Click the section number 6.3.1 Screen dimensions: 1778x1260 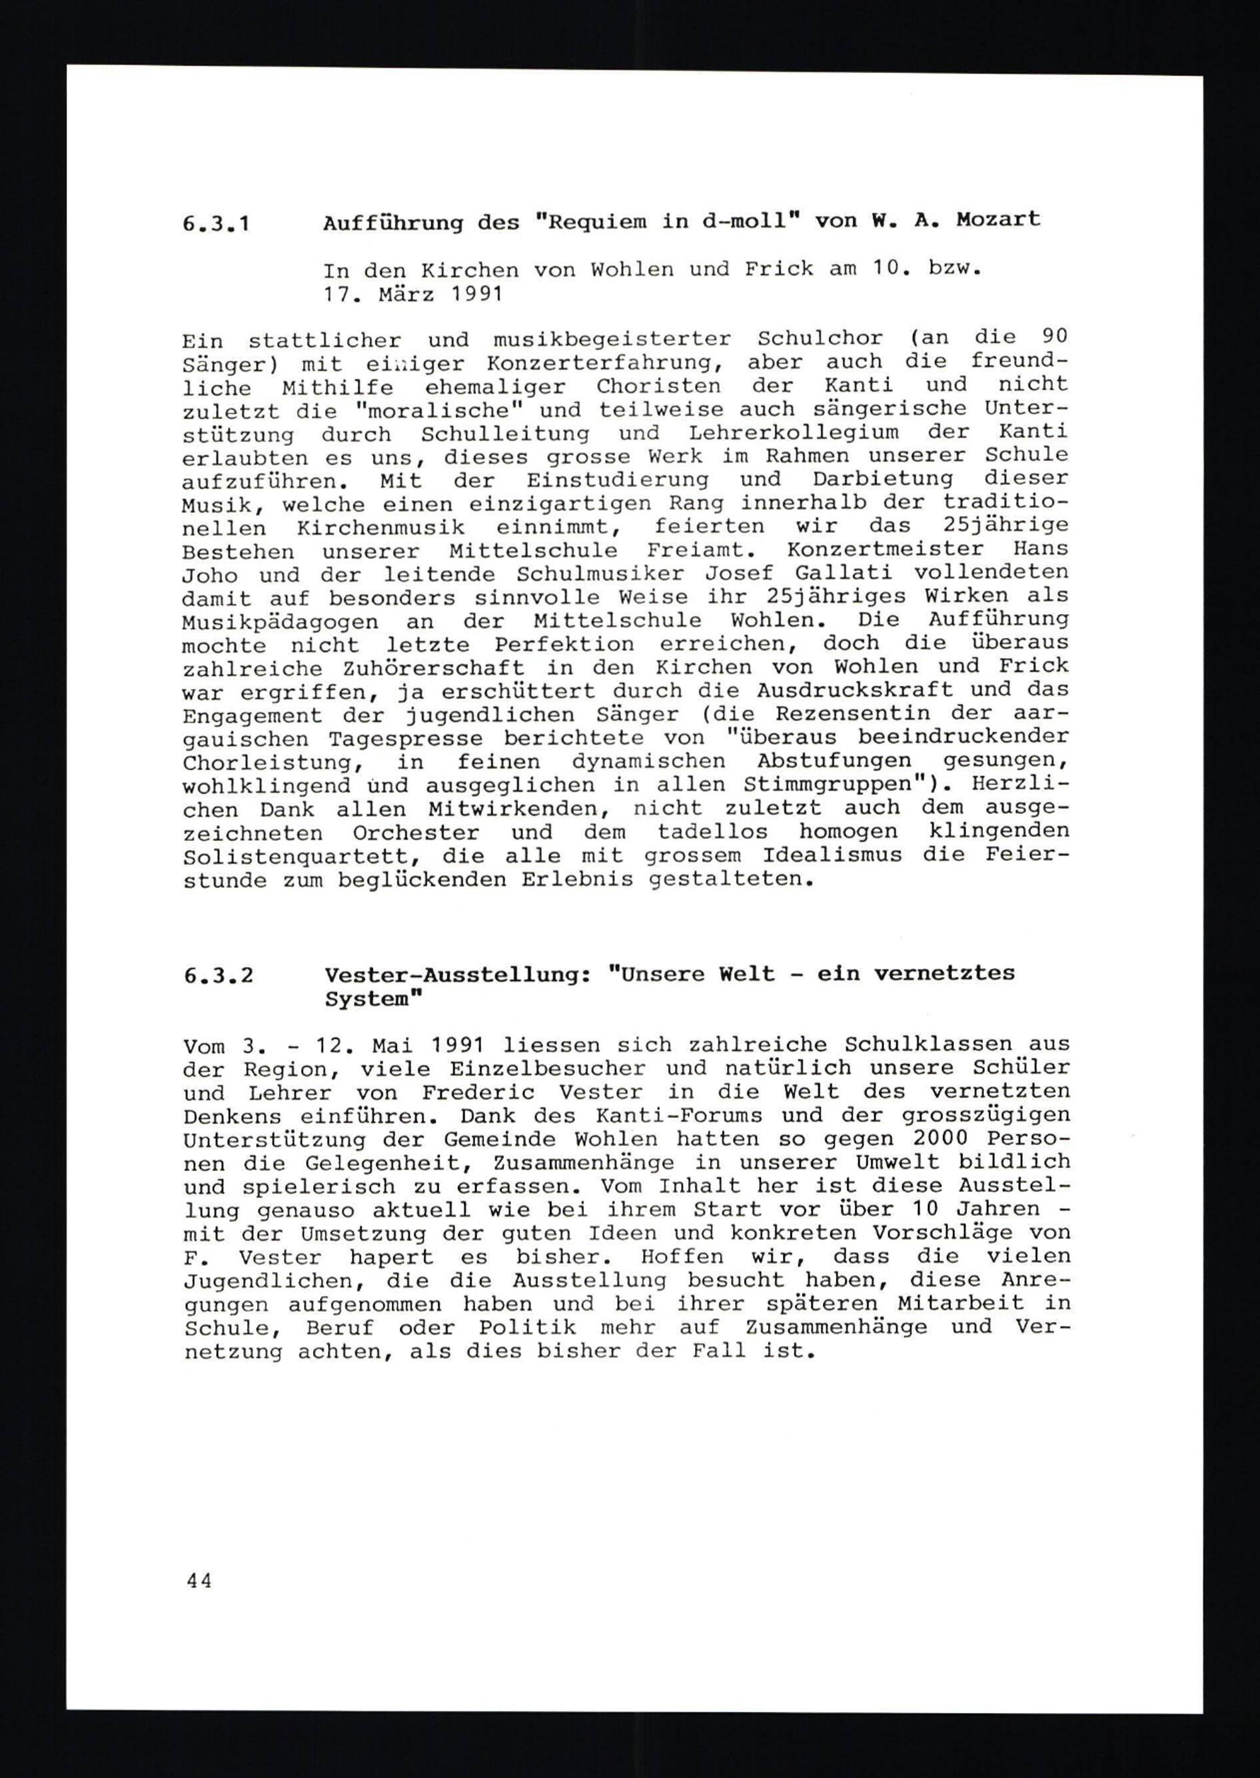click(217, 225)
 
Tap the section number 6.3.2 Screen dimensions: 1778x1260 click(219, 975)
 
